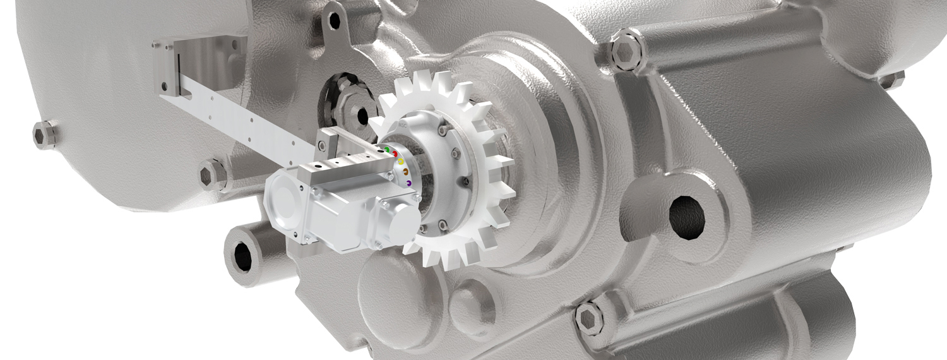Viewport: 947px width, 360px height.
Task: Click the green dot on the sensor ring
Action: [387, 149]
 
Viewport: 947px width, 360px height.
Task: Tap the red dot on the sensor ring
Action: [395, 154]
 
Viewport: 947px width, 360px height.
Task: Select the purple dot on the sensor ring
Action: [409, 183]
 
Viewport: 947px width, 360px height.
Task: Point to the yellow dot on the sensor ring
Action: [401, 162]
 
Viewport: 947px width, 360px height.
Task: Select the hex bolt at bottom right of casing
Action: [590, 314]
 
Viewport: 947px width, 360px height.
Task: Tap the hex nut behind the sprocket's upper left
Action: [361, 115]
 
